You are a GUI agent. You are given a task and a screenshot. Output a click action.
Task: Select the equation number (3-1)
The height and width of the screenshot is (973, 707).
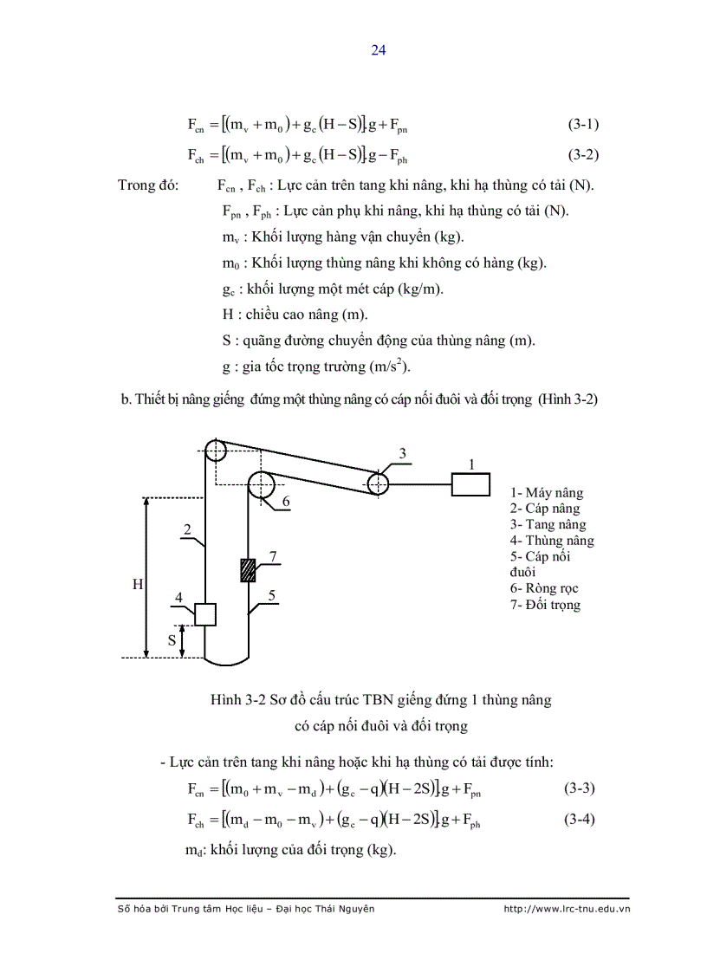coord(583,124)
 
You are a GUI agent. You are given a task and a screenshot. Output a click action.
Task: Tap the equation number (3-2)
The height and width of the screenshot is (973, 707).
coord(583,156)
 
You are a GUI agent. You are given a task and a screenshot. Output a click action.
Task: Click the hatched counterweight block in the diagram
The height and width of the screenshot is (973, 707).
coord(249,570)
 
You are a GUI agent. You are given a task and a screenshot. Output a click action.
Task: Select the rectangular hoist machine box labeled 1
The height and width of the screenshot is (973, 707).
coord(471,483)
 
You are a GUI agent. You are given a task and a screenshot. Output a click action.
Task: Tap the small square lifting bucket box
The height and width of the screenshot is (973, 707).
coord(204,613)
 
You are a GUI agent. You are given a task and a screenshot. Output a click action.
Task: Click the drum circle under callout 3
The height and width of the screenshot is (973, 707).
coord(378,483)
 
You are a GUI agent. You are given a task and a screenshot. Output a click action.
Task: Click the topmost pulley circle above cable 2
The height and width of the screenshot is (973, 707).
coord(216,451)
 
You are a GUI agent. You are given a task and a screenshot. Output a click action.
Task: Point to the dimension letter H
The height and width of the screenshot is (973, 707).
coord(137,585)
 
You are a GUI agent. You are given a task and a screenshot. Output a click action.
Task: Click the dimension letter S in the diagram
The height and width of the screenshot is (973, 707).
coord(172,640)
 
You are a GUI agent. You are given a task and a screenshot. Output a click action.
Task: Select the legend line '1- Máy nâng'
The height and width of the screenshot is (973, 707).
coord(545,492)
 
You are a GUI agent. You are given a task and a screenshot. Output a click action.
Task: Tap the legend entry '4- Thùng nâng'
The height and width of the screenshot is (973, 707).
coord(552,541)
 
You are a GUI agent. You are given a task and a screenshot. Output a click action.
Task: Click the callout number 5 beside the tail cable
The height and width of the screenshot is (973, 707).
coord(272,595)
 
